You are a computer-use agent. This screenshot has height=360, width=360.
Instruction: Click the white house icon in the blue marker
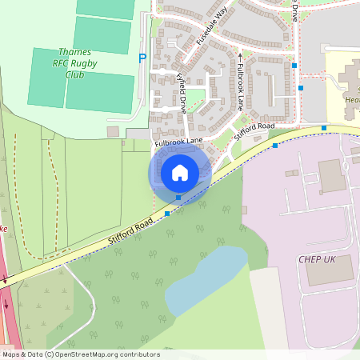[x=180, y=172]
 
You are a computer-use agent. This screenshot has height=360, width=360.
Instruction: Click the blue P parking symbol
[x=142, y=58]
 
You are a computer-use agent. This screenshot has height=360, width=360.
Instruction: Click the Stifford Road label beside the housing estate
[x=254, y=131]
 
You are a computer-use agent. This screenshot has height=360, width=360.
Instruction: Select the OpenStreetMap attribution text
[x=80, y=354]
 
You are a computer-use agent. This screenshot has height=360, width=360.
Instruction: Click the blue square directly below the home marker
[x=178, y=198]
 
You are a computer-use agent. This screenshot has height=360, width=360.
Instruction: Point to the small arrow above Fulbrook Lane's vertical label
[x=239, y=58]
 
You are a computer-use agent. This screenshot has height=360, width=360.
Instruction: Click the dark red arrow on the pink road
[x=6, y=280]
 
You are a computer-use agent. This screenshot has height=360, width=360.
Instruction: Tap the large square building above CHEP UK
[x=332, y=175]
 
